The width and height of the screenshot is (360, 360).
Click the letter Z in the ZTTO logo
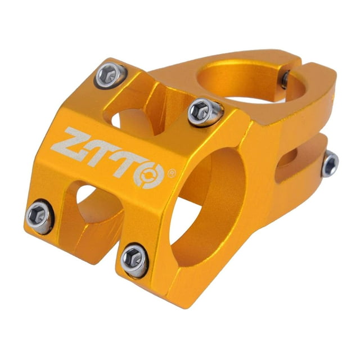coord(74,142)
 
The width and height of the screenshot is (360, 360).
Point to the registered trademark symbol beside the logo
coord(172,173)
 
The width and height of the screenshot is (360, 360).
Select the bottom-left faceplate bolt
coord(39,216)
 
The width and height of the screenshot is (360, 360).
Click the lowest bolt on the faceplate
coord(134,260)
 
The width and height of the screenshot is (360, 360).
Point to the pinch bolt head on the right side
coord(330,164)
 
